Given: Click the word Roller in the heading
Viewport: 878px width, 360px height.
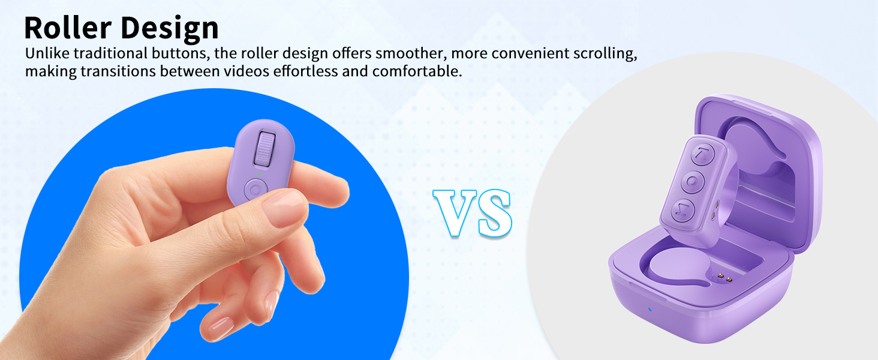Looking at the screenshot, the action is tap(68, 28).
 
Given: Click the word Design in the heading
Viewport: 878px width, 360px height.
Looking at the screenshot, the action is tap(169, 28).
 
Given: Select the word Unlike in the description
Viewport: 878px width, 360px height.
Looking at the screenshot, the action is tap(47, 53).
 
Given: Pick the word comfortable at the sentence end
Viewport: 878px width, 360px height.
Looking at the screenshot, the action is tap(417, 71).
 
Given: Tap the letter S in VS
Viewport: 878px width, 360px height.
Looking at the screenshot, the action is tap(495, 214).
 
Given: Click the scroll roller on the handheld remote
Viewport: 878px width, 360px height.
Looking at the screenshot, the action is tap(265, 149).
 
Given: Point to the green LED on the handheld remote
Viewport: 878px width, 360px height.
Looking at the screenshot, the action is tap(259, 175).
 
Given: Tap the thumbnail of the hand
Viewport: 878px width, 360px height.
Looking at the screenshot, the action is tap(284, 208).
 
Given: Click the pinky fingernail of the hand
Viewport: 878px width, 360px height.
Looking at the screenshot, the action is tap(220, 328).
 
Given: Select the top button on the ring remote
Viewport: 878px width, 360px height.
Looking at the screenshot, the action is tap(702, 154).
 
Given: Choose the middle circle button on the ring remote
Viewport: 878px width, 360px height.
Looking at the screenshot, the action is tap(692, 182).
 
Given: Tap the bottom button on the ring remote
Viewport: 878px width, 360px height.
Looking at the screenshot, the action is tap(682, 209).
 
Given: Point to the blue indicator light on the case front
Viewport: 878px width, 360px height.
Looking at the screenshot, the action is tap(650, 310).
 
